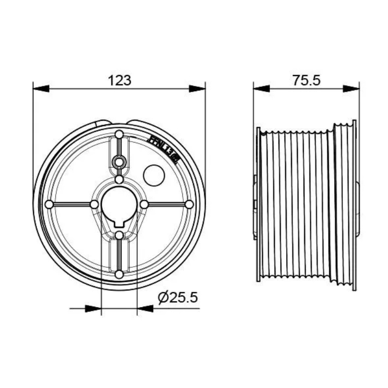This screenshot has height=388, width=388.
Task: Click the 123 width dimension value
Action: [119, 80]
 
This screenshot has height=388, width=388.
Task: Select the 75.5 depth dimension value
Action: [307, 80]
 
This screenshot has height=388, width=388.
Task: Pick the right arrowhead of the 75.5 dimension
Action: [351, 88]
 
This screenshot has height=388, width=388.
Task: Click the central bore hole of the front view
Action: [119, 204]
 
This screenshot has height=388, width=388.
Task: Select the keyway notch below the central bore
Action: [119, 224]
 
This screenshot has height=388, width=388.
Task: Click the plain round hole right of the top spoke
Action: [154, 175]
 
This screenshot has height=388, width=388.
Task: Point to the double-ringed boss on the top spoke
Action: [119, 162]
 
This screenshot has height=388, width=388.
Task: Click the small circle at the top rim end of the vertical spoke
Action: [119, 134]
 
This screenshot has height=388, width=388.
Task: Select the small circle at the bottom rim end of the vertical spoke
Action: [119, 275]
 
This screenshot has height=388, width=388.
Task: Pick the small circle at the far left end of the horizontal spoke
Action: [49, 204]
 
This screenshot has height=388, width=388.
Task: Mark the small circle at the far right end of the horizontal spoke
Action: [189, 204]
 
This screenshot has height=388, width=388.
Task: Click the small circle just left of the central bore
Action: [94, 204]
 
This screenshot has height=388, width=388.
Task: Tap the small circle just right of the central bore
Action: [144, 204]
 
